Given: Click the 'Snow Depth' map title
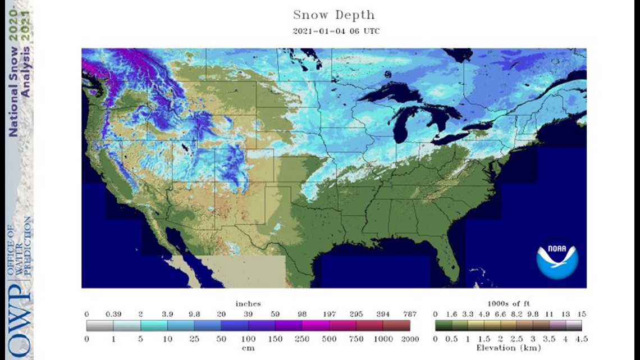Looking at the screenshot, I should pyautogui.click(x=333, y=15).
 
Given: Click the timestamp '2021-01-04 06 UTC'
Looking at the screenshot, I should pyautogui.click(x=336, y=31).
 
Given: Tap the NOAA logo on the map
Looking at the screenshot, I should pyautogui.click(x=556, y=260).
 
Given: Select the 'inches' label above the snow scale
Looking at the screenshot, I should pyautogui.click(x=248, y=304).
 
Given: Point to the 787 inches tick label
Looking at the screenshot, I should pyautogui.click(x=410, y=313).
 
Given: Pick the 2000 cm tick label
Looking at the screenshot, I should pyautogui.click(x=410, y=339).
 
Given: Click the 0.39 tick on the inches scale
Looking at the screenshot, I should pyautogui.click(x=113, y=313).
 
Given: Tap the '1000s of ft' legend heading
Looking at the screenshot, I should pyautogui.click(x=508, y=304).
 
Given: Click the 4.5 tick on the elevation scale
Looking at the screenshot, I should pyautogui.click(x=582, y=339).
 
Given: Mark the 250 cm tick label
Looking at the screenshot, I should pyautogui.click(x=303, y=339).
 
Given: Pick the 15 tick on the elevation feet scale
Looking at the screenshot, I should pyautogui.click(x=582, y=313).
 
